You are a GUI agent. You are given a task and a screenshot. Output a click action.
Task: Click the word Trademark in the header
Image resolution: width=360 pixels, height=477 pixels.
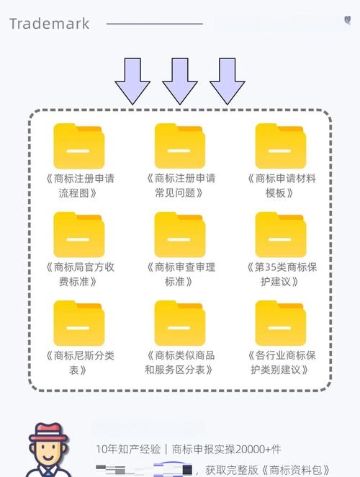pyautogui.click(x=49, y=24)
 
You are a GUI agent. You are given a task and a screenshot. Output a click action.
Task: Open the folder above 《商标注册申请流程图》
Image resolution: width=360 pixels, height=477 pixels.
pyautogui.click(x=79, y=146)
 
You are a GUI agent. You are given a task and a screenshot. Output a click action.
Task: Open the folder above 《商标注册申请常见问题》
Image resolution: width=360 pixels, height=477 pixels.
pyautogui.click(x=180, y=146)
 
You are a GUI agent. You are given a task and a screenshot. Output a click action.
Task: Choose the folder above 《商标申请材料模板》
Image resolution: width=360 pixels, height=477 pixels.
pyautogui.click(x=281, y=146)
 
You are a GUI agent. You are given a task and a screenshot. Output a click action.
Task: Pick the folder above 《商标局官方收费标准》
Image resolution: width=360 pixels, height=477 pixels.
pyautogui.click(x=79, y=235)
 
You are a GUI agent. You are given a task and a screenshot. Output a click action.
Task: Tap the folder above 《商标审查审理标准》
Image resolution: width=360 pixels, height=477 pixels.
pyautogui.click(x=180, y=235)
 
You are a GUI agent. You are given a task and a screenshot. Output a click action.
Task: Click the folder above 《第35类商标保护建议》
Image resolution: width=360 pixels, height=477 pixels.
pyautogui.click(x=281, y=235)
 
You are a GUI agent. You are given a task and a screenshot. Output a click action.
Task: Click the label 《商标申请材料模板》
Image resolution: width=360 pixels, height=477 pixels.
pyautogui.click(x=281, y=185)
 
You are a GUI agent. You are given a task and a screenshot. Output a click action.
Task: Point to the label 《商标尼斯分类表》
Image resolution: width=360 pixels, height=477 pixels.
pyautogui.click(x=79, y=362)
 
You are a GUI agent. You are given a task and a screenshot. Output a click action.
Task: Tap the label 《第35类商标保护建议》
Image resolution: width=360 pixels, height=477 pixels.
pyautogui.click(x=281, y=274)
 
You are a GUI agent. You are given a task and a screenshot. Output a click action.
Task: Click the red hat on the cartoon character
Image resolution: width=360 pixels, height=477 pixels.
pyautogui.click(x=47, y=432)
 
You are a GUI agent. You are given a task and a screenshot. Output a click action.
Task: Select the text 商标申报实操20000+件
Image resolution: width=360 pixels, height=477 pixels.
pyautogui.click(x=229, y=449)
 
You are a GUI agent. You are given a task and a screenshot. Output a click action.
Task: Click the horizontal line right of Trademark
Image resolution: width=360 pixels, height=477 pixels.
pyautogui.click(x=154, y=24)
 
